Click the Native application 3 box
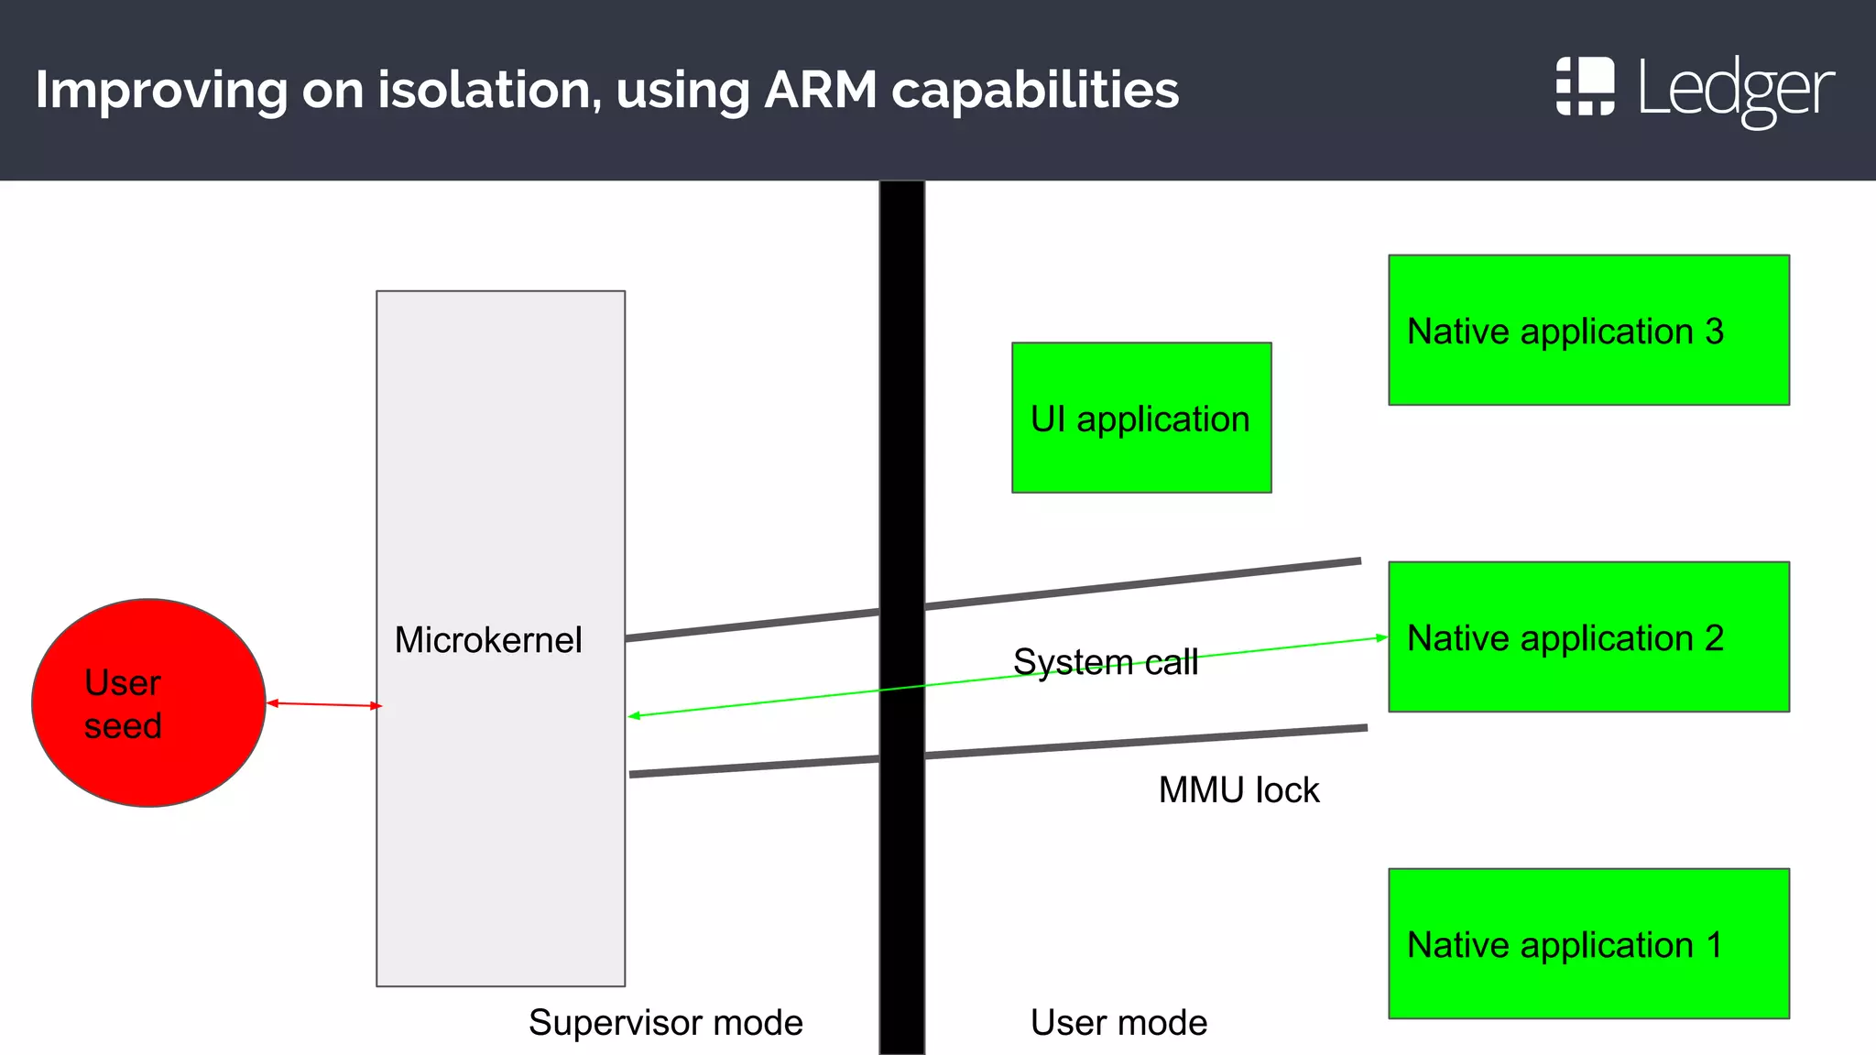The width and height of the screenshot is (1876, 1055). (1588, 330)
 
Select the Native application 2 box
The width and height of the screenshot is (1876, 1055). (1588, 636)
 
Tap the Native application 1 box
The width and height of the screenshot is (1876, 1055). (1588, 943)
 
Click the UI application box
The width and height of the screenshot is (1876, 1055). (1140, 418)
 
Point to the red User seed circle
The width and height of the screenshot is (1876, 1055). (148, 703)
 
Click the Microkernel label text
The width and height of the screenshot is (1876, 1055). (487, 639)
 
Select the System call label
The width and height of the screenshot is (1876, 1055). (1105, 661)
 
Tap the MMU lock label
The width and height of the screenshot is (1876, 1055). (1238, 789)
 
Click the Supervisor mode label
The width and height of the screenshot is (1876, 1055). (665, 1022)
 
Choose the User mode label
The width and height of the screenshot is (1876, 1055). (1118, 1022)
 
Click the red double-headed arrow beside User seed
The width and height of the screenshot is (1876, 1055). (323, 704)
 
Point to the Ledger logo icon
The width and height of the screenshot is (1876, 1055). (1585, 86)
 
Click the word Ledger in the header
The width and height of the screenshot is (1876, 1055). (1735, 89)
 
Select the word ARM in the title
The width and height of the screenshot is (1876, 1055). (820, 90)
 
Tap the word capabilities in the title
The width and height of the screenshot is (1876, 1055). (1035, 90)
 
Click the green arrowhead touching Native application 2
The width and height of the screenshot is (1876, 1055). (1382, 637)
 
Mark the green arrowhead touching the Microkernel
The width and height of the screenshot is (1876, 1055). (634, 715)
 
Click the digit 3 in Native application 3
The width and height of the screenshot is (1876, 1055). (1714, 331)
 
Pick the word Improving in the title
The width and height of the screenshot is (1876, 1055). (160, 90)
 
